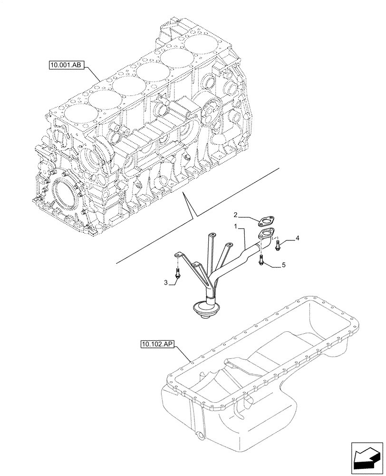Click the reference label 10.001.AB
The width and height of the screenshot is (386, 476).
66,65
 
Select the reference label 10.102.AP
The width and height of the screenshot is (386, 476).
157,344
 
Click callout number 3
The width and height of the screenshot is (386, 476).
166,283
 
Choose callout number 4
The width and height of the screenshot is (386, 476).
297,238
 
